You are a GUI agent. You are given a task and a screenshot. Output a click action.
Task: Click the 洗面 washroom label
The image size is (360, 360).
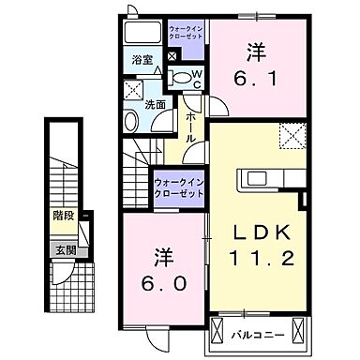click(156, 103)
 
